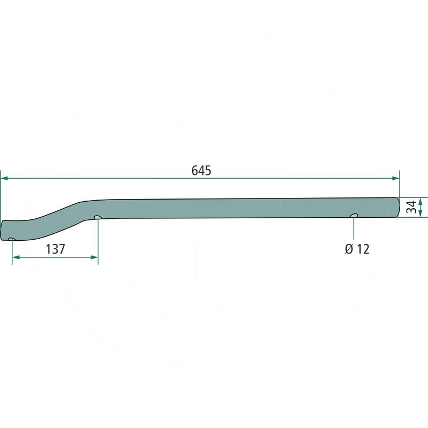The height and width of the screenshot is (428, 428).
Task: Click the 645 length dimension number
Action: (201, 171)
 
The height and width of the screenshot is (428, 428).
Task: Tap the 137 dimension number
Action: (56, 249)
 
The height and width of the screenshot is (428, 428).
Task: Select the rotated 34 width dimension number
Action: (411, 207)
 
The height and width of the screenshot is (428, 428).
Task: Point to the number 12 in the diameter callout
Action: (363, 249)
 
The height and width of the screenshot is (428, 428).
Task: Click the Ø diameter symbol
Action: (349, 249)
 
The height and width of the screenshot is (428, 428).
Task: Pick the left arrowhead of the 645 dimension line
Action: (5, 178)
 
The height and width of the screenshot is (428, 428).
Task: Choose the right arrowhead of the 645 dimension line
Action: (395, 178)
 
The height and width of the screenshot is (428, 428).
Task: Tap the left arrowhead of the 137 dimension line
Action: (16, 257)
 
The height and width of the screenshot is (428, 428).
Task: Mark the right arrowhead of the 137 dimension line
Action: (94, 257)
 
